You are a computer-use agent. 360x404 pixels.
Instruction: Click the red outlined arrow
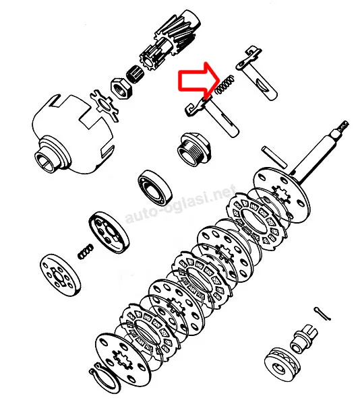click(x=198, y=81)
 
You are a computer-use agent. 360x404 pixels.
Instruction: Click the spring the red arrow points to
click(x=224, y=85)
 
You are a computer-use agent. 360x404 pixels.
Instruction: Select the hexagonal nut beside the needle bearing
click(x=121, y=88)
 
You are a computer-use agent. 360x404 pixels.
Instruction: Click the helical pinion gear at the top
click(x=171, y=42)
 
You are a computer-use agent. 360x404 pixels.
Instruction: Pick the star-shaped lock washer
click(x=104, y=105)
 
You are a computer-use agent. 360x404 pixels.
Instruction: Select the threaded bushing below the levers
click(x=194, y=149)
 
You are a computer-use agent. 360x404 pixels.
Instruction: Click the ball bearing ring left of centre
click(x=155, y=187)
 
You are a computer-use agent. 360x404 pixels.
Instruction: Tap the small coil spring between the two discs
click(x=86, y=251)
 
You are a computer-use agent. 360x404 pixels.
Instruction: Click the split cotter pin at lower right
click(x=322, y=314)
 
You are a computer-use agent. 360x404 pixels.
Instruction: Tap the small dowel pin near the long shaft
click(x=274, y=157)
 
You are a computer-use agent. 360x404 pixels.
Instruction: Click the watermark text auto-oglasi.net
click(x=180, y=203)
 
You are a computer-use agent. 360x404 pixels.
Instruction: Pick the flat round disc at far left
click(x=60, y=275)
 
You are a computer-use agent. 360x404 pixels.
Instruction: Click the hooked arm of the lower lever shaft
click(x=198, y=107)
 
